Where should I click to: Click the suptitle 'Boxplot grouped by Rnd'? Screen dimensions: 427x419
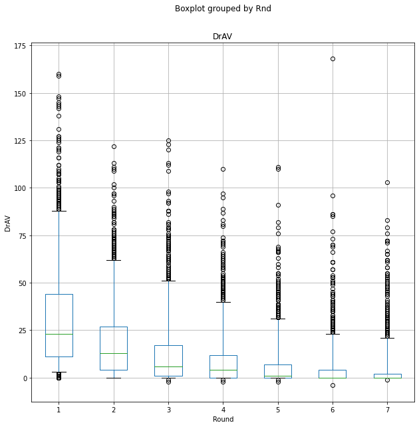(223, 9)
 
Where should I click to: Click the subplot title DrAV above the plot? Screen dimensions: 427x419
(222, 37)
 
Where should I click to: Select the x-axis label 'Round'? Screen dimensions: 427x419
(223, 419)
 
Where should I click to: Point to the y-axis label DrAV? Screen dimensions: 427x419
(8, 223)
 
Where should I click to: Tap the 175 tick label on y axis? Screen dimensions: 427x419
(19, 46)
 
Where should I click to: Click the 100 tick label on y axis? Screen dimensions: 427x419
(19, 188)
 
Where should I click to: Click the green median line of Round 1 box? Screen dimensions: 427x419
(59, 334)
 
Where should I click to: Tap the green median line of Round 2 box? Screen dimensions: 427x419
(114, 353)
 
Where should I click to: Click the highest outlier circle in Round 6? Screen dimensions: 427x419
(333, 59)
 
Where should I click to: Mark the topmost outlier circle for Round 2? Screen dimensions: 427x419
(114, 146)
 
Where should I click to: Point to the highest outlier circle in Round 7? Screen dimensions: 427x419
(387, 182)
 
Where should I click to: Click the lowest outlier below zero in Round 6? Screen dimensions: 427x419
(333, 385)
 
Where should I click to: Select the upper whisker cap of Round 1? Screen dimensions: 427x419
(59, 211)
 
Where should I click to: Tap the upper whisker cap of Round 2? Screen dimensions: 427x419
(114, 260)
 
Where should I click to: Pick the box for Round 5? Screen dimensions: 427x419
(278, 370)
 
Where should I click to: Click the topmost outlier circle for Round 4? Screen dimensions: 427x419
(223, 169)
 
